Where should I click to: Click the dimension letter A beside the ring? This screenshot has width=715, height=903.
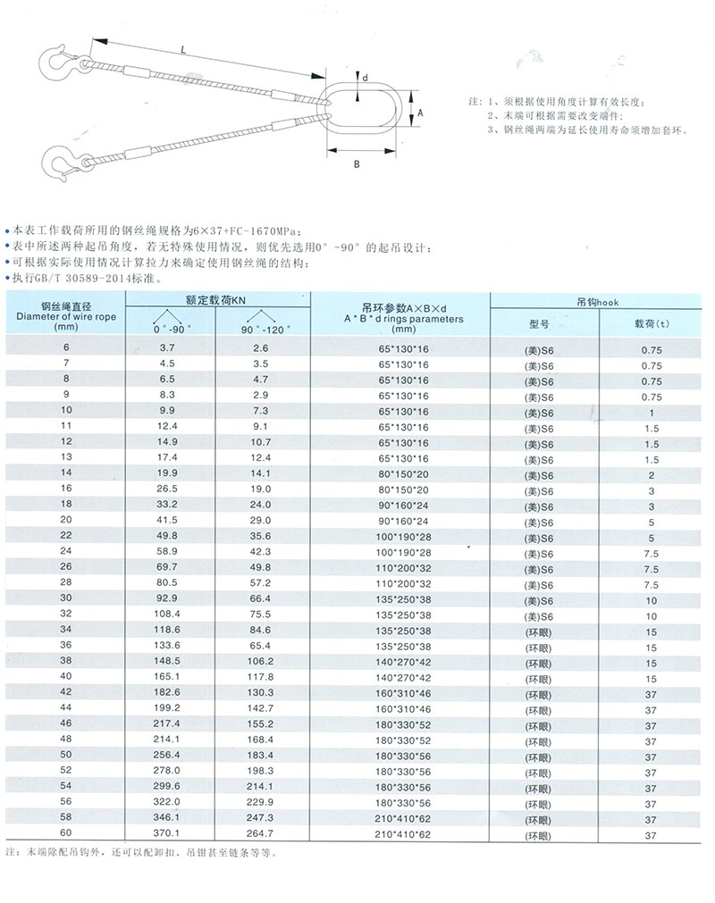(x=420, y=113)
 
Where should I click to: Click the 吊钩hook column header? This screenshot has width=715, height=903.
(x=592, y=302)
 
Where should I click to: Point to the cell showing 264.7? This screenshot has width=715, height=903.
(x=260, y=833)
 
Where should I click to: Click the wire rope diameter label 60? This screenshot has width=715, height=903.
(x=64, y=833)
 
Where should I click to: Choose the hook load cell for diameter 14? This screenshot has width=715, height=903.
(x=651, y=475)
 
